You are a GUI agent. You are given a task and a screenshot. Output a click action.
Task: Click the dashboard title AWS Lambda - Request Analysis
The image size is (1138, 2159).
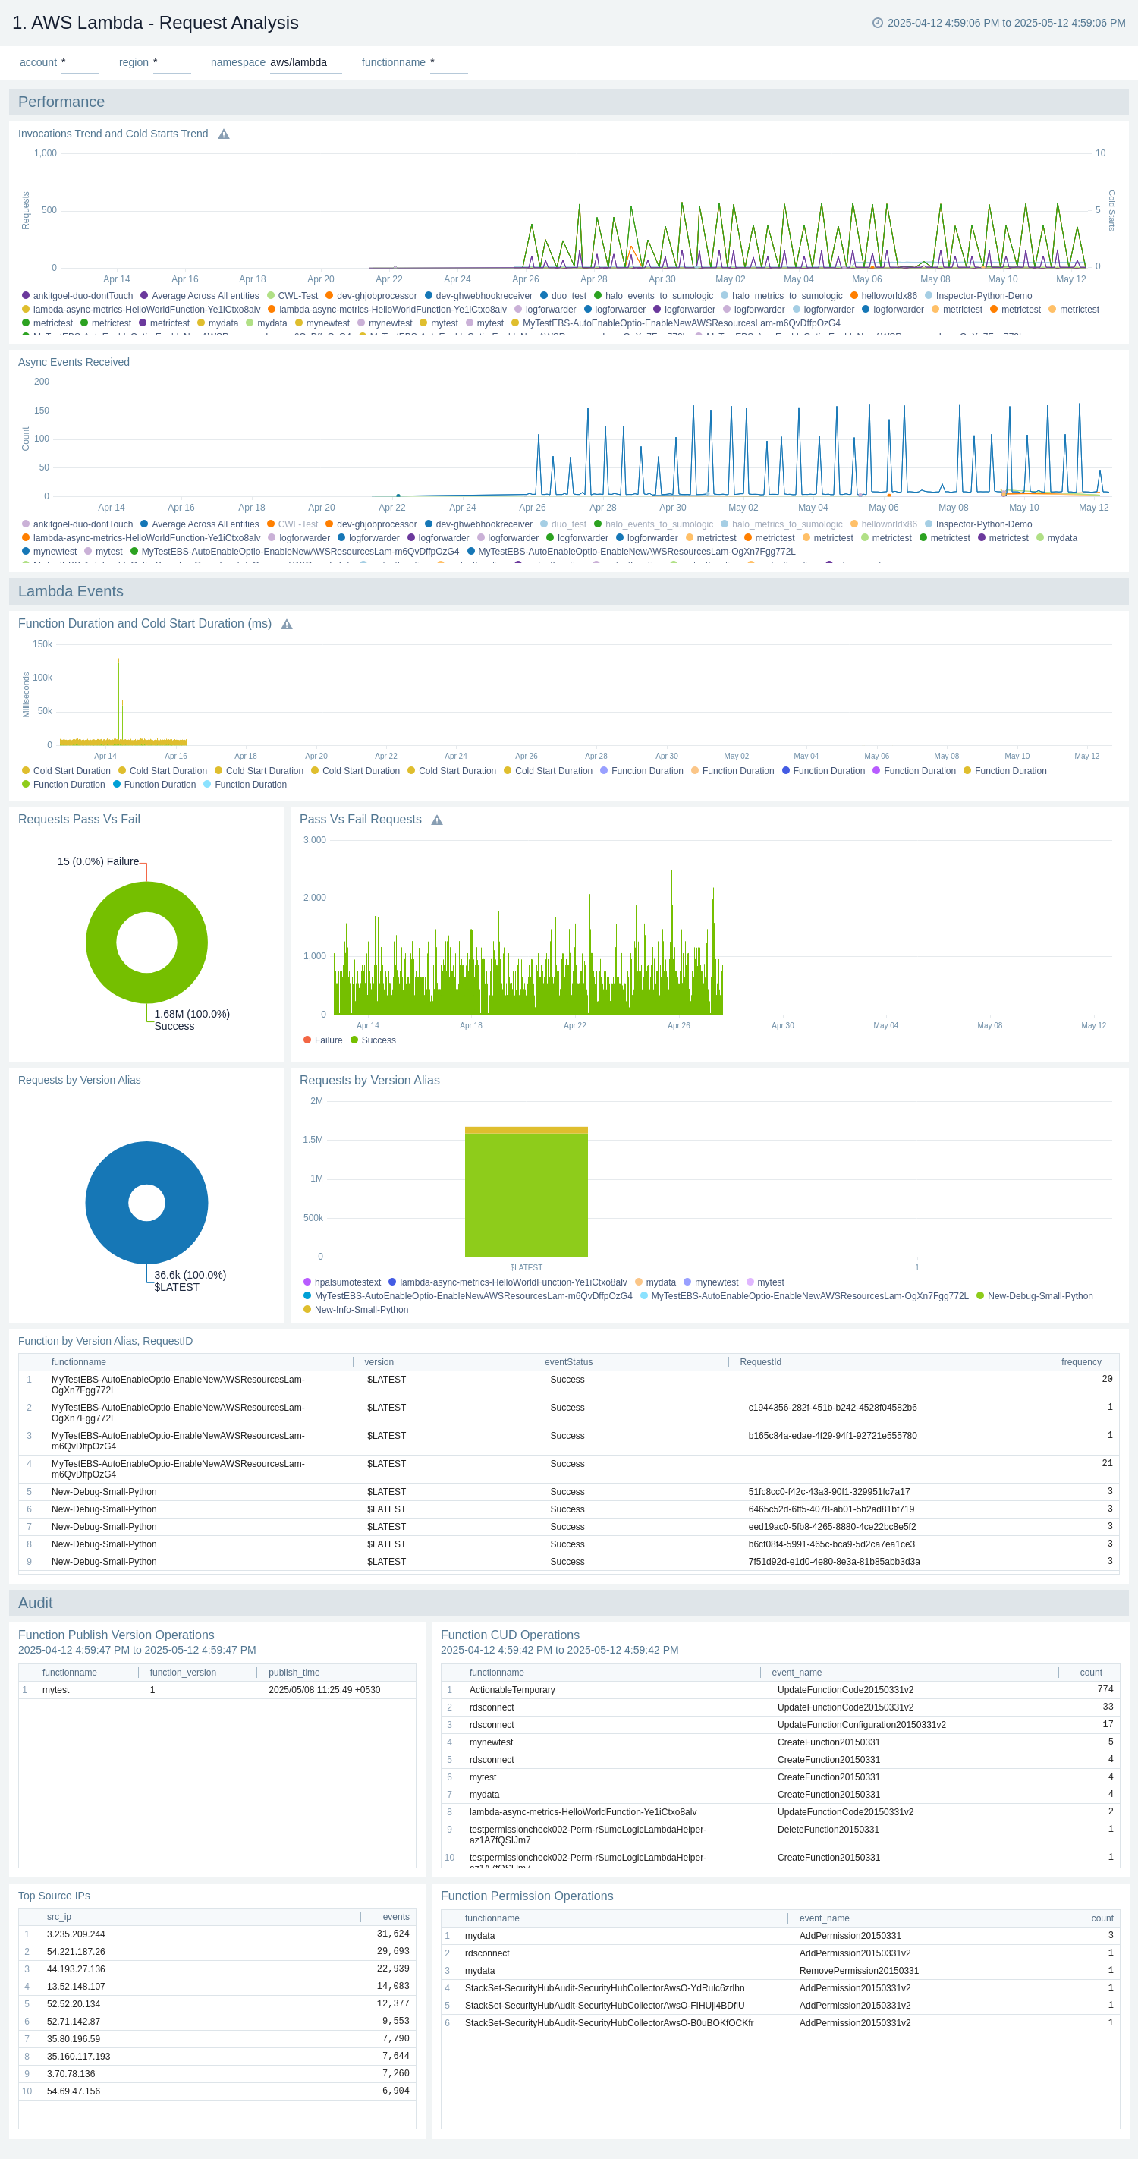point(155,23)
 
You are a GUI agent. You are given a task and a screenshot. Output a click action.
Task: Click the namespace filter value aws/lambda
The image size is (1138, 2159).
point(298,63)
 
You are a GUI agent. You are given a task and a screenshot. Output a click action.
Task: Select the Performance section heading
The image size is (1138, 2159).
point(61,102)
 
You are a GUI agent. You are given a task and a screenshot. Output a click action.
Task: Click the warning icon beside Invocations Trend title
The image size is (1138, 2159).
point(224,134)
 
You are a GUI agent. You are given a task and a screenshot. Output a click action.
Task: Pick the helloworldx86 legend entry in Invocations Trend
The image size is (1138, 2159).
point(888,296)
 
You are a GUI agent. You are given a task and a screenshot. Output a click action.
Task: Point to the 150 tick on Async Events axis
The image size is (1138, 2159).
point(41,411)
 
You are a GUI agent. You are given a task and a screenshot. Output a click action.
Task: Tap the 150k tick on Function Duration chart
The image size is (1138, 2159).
point(42,644)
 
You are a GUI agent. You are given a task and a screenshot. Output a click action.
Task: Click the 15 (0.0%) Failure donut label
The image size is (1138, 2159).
point(98,861)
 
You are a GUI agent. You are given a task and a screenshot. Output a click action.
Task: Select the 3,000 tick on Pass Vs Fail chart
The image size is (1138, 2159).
point(314,840)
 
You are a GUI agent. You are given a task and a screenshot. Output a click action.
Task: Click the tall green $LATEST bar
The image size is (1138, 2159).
point(527,1194)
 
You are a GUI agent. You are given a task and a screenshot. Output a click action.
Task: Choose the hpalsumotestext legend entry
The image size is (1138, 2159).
point(347,1282)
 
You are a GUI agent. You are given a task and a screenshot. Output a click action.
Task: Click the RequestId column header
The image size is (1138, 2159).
point(760,1362)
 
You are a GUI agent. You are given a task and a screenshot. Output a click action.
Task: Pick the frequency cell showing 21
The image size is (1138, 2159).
point(1106,1463)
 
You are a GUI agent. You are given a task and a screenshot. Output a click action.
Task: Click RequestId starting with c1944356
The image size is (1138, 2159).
point(832,1408)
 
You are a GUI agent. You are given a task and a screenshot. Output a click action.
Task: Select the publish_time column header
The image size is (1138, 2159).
point(294,1672)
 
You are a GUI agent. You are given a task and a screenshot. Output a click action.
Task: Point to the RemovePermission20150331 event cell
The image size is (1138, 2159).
point(858,1971)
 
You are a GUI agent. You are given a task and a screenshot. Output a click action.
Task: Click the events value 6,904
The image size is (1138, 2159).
point(395,2091)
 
